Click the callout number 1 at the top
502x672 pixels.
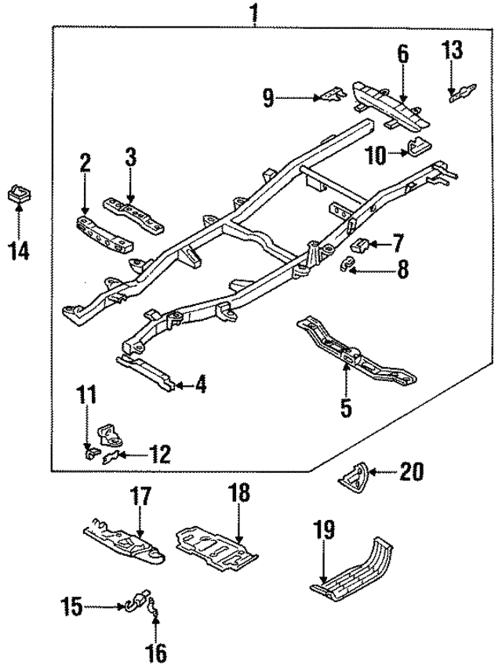[x=254, y=12]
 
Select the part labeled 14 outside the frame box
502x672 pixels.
[x=20, y=194]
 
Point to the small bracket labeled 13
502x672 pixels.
[x=462, y=93]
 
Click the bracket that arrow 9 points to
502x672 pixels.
[x=333, y=95]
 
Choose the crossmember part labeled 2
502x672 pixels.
[x=104, y=234]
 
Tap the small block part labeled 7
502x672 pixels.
[x=360, y=245]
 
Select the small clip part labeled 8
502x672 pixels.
[x=347, y=266]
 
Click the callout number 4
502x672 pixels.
[x=201, y=384]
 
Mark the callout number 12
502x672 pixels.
[x=159, y=454]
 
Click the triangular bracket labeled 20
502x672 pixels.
[x=354, y=478]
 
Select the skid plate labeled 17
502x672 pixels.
[x=123, y=540]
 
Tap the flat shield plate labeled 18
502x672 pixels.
[x=216, y=549]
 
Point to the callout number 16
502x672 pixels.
[x=157, y=653]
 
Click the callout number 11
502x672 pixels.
[x=86, y=395]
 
